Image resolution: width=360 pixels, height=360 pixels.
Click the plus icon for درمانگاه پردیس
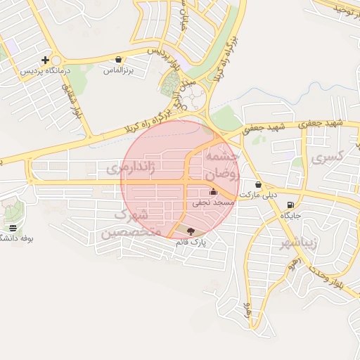46,60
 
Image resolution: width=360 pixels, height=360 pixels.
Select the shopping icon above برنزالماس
118,60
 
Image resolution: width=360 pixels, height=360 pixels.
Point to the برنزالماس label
118,70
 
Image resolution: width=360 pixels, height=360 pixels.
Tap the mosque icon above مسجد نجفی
213,192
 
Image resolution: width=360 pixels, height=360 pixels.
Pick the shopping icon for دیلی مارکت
259,184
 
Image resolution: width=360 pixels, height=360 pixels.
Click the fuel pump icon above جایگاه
290,205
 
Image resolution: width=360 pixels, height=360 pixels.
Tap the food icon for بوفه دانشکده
14,228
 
